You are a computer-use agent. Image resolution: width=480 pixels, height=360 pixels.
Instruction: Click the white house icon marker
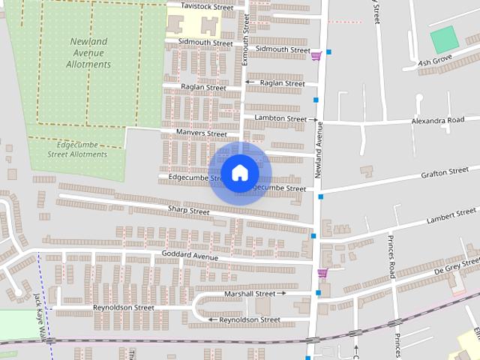(239, 172)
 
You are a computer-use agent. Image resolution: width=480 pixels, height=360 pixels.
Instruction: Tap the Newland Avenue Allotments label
(90, 52)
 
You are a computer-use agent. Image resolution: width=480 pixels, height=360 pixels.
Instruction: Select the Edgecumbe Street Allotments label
(77, 148)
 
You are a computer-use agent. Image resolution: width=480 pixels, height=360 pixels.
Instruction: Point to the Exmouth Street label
(245, 37)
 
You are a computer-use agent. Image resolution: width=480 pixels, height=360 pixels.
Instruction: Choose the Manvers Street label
(201, 133)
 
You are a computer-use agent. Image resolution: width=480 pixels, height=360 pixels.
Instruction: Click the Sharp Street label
(188, 211)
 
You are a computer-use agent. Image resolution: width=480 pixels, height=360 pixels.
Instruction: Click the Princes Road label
(391, 256)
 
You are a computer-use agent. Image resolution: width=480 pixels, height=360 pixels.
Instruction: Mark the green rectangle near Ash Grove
(444, 39)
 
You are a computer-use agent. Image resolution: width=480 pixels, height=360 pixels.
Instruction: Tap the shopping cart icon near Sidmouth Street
(316, 55)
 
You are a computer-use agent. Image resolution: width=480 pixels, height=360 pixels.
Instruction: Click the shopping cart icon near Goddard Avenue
(322, 273)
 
